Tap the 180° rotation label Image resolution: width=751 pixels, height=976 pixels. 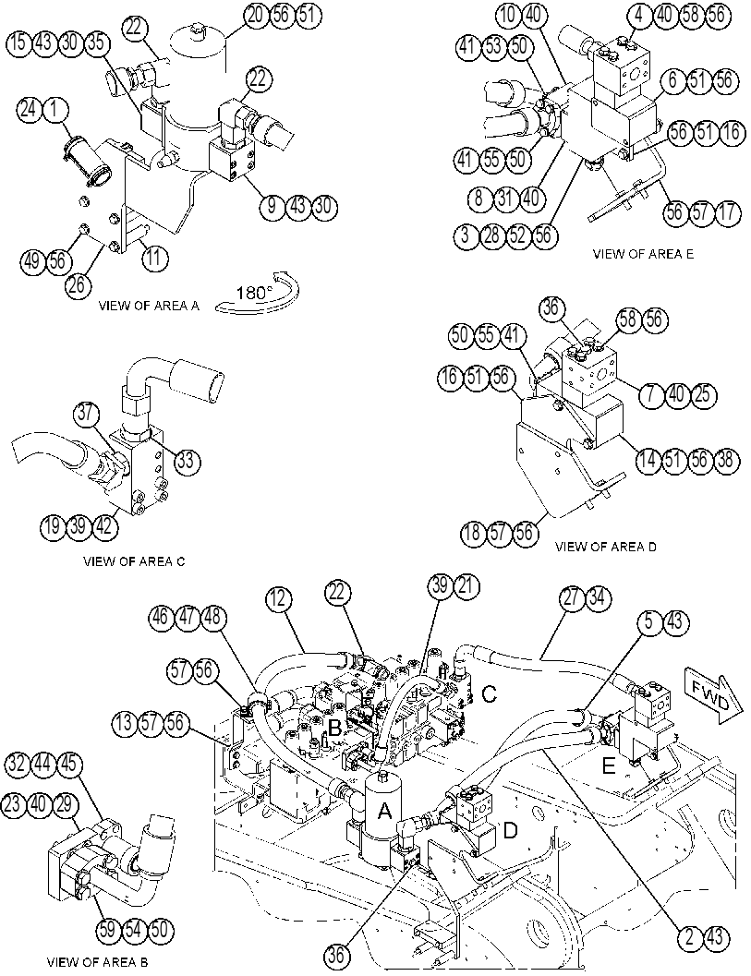pyautogui.click(x=254, y=293)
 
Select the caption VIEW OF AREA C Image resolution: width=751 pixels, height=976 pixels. pyautogui.click(x=134, y=560)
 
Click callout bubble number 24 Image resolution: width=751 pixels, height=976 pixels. pyautogui.click(x=29, y=110)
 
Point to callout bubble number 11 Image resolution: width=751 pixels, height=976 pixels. pyautogui.click(x=154, y=257)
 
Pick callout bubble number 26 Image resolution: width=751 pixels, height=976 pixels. pyautogui.click(x=79, y=285)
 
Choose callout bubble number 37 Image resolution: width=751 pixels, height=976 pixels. pyautogui.click(x=87, y=414)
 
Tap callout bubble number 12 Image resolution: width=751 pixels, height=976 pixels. pyautogui.click(x=278, y=598)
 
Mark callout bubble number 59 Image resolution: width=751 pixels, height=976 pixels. pyautogui.click(x=108, y=931)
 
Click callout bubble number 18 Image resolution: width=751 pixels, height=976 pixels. pyautogui.click(x=473, y=534)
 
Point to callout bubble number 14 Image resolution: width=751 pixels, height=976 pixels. pyautogui.click(x=648, y=460)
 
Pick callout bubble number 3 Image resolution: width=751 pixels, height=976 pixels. pyautogui.click(x=466, y=235)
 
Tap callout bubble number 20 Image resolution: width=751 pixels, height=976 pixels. pyautogui.click(x=256, y=16)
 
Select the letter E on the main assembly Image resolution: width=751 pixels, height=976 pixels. pyautogui.click(x=608, y=766)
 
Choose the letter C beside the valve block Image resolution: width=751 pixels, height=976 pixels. pyautogui.click(x=490, y=693)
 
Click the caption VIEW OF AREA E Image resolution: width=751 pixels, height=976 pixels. pyautogui.click(x=643, y=254)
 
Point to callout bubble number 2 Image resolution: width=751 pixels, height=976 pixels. pyautogui.click(x=689, y=937)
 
